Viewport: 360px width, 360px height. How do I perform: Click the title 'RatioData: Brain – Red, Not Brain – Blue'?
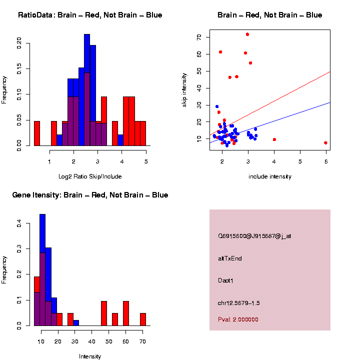click(x=90, y=15)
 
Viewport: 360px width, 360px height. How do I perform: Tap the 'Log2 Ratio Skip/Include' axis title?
click(x=90, y=176)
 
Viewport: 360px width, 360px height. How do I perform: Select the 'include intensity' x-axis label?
click(x=269, y=176)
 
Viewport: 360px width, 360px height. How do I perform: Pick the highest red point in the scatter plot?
click(x=247, y=34)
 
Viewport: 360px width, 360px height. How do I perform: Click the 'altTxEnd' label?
click(x=230, y=258)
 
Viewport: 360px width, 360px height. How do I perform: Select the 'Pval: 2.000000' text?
click(x=238, y=319)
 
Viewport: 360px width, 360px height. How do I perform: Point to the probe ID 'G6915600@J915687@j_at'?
click(x=254, y=236)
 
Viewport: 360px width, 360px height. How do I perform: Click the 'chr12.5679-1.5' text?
click(x=238, y=302)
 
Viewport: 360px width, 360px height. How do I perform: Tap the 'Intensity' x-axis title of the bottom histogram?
click(x=90, y=356)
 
